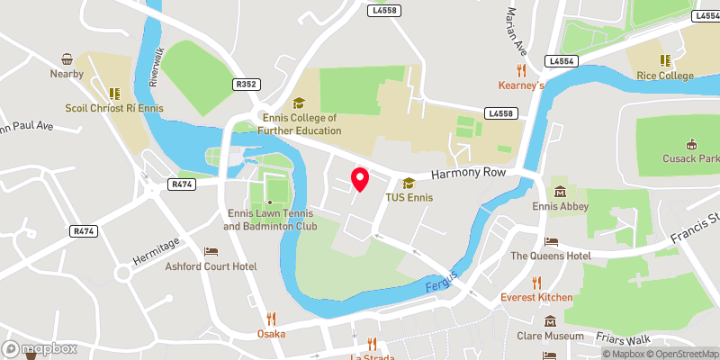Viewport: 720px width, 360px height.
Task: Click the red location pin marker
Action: click(359, 179)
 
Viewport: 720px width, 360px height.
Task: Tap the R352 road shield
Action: click(246, 85)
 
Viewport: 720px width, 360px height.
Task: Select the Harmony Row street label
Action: click(469, 173)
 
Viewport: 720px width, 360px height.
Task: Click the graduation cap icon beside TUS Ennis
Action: click(409, 182)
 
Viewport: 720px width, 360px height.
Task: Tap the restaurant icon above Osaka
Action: click(270, 319)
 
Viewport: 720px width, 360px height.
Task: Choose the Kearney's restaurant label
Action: click(522, 85)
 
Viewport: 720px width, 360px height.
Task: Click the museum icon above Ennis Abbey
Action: click(560, 192)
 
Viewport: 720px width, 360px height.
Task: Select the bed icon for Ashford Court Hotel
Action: click(211, 251)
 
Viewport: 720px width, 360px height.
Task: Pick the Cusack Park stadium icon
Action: click(691, 144)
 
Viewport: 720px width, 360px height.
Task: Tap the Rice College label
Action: click(666, 76)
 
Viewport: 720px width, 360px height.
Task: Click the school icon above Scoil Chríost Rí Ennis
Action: click(114, 93)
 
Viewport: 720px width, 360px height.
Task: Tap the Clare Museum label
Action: click(551, 337)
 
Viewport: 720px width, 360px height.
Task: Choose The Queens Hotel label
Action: click(551, 256)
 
